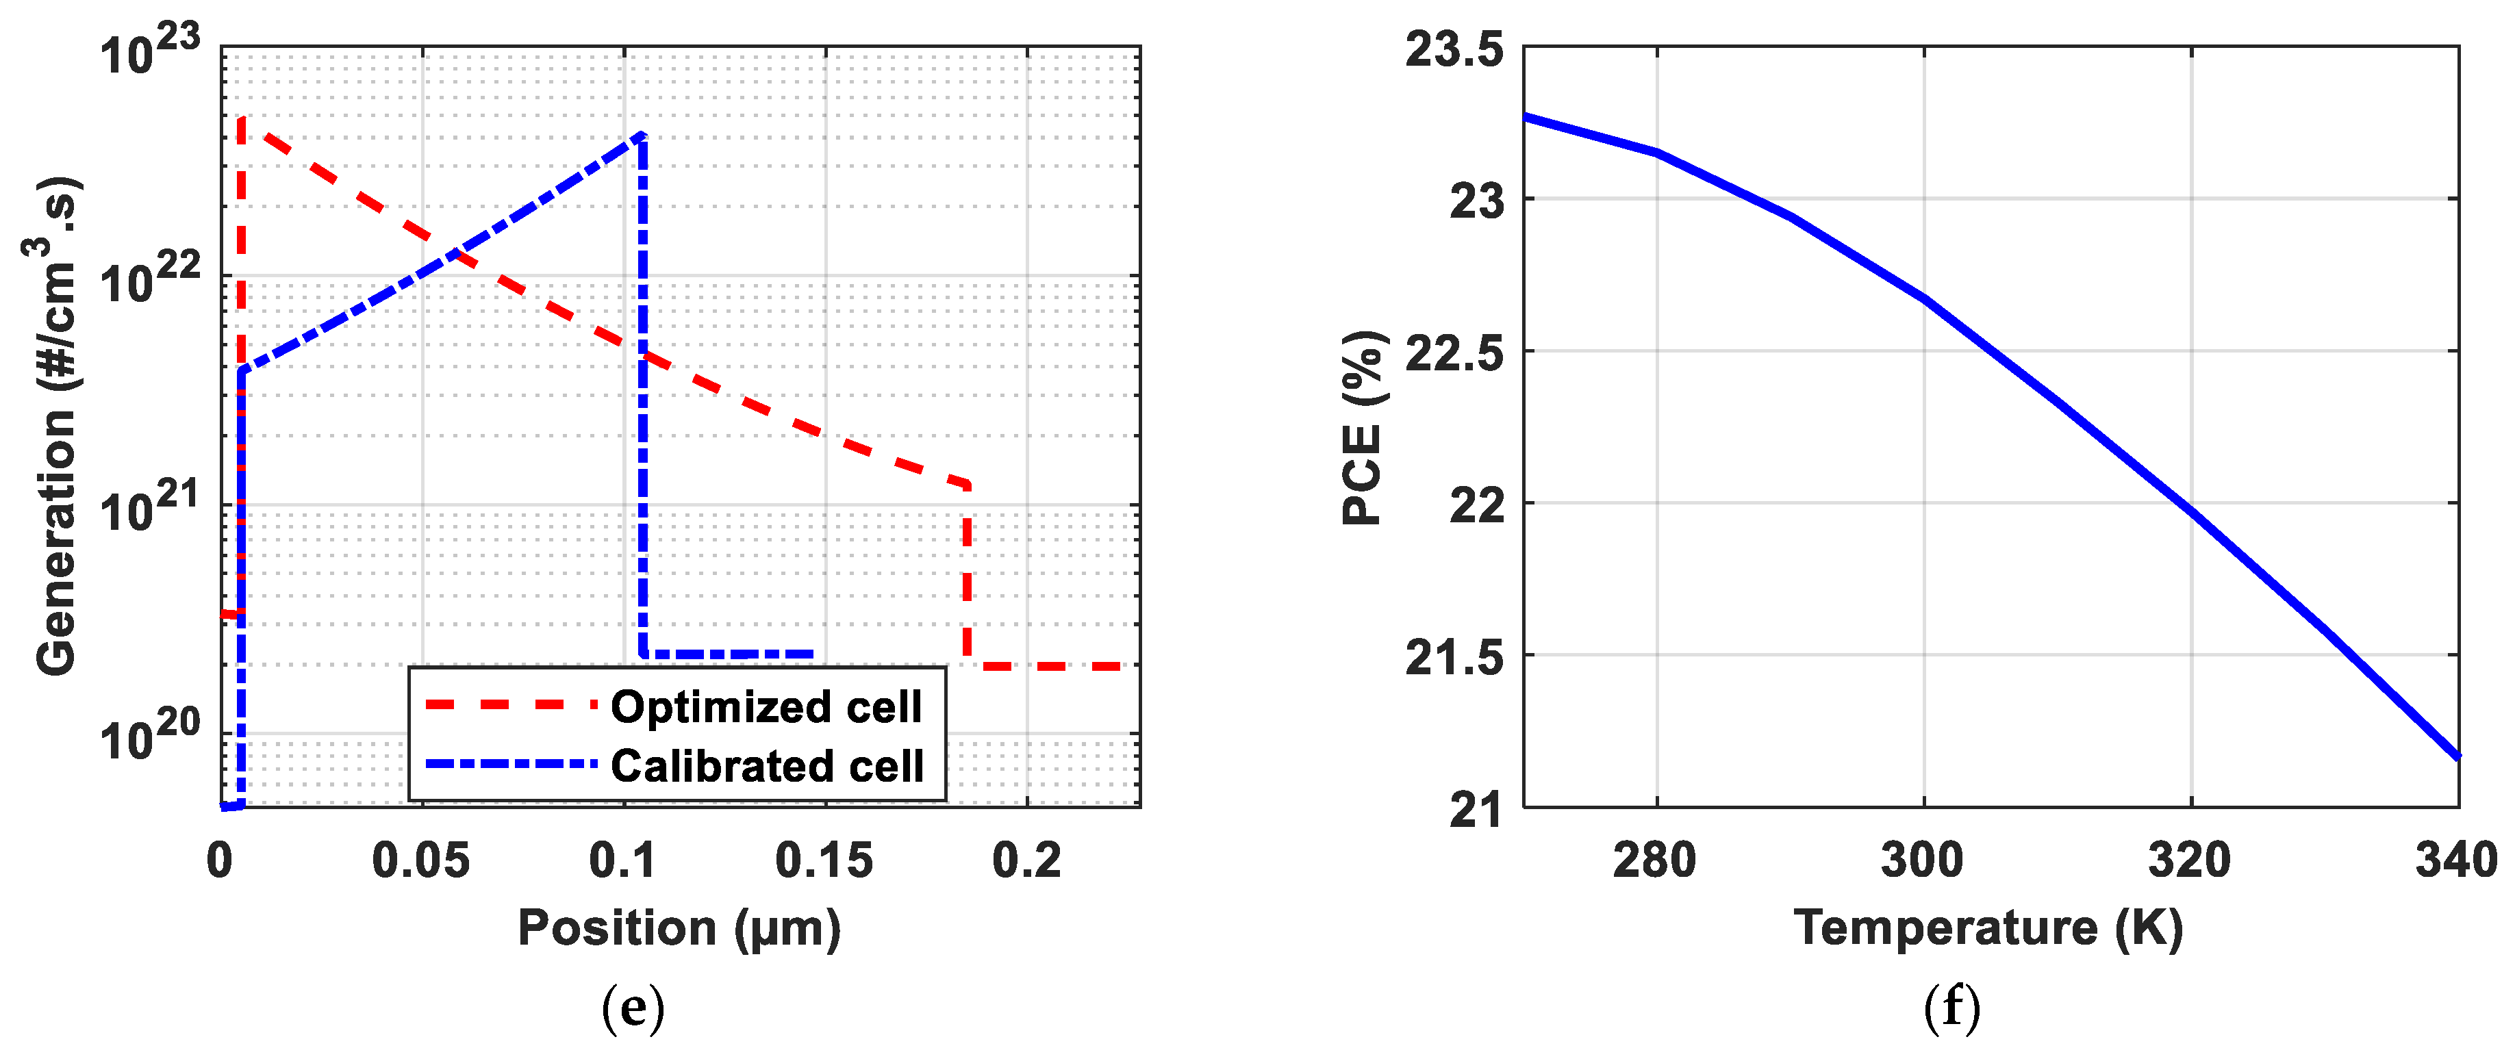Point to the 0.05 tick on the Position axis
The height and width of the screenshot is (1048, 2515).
pos(421,860)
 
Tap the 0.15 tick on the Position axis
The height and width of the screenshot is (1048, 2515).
pos(824,860)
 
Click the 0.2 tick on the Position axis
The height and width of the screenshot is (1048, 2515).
pos(1026,860)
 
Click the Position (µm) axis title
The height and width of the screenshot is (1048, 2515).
pos(679,928)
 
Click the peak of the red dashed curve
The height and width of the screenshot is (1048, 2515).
pos(241,120)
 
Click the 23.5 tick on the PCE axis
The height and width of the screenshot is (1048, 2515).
pos(1455,49)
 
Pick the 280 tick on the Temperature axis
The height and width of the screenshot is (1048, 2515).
pos(1655,860)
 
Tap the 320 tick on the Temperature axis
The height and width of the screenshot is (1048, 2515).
pos(2190,860)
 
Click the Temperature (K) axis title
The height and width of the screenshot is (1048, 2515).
pos(1988,928)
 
